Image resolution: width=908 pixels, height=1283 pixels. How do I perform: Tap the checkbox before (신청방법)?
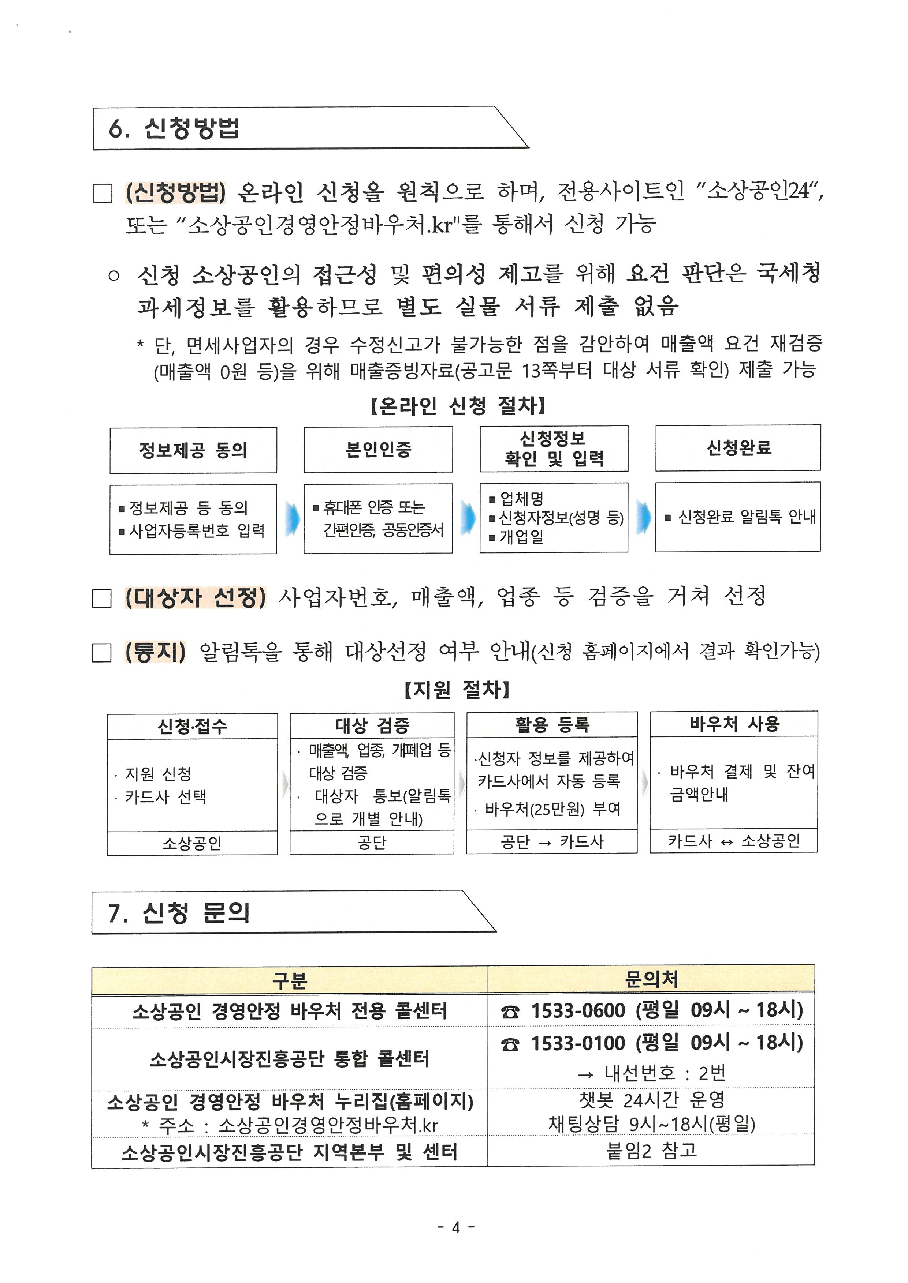pyautogui.click(x=102, y=193)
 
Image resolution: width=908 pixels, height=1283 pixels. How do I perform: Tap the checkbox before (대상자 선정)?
pyautogui.click(x=102, y=599)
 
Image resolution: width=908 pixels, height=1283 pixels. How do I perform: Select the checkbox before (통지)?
pyautogui.click(x=102, y=653)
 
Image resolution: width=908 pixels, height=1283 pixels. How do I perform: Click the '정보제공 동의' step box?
pyautogui.click(x=193, y=450)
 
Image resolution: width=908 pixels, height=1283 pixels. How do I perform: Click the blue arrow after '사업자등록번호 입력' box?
pyautogui.click(x=291, y=518)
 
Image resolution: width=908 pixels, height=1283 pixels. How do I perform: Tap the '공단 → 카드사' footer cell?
pyautogui.click(x=551, y=841)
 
